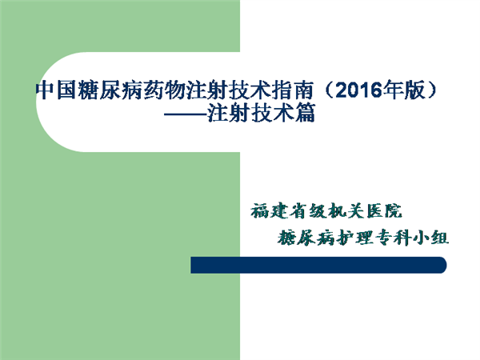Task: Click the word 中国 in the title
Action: [x=56, y=90]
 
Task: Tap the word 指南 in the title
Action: [x=293, y=90]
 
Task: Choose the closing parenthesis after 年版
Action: [x=431, y=90]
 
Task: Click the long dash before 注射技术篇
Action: [x=186, y=114]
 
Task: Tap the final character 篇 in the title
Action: [x=305, y=114]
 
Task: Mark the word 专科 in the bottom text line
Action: [x=393, y=238]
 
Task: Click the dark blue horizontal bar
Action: [x=318, y=265]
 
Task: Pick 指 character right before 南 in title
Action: [x=282, y=90]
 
